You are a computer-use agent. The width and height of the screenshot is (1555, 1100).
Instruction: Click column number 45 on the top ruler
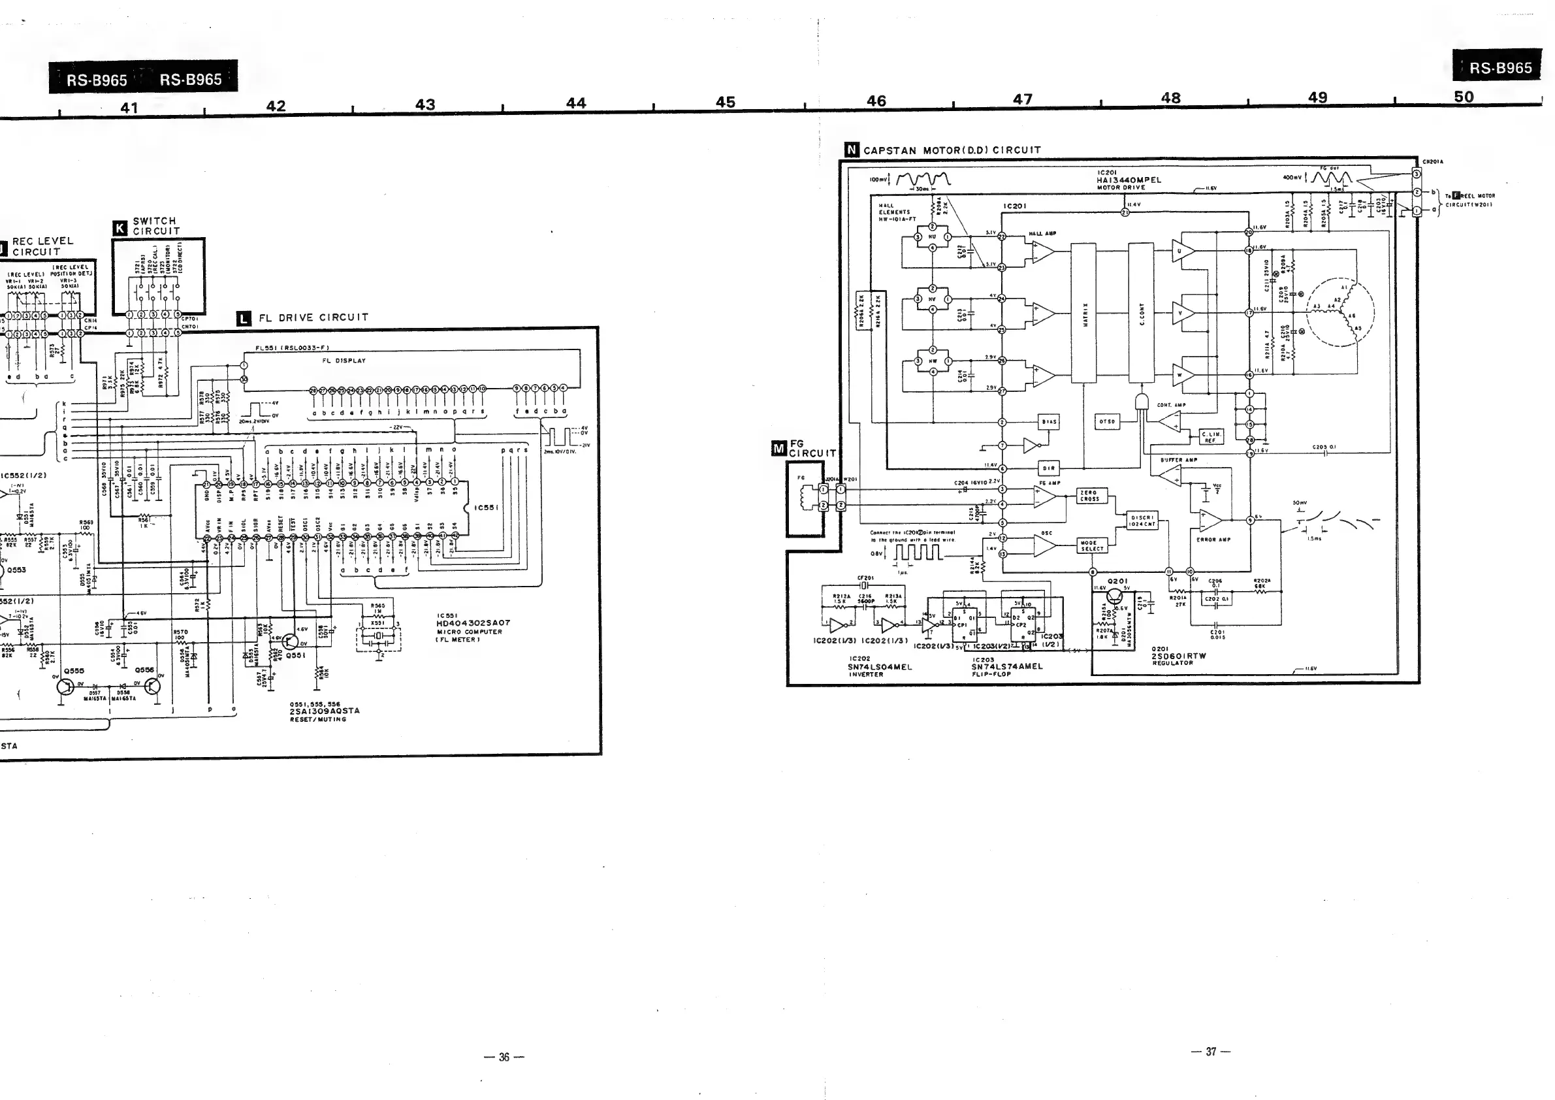(x=726, y=103)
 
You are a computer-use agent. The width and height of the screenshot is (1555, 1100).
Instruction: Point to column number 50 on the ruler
(x=1464, y=97)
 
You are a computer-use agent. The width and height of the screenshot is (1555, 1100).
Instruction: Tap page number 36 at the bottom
(x=504, y=1057)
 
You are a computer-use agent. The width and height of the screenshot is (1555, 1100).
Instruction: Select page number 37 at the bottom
(x=1210, y=1051)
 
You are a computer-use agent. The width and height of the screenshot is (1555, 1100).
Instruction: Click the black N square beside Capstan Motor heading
(x=852, y=150)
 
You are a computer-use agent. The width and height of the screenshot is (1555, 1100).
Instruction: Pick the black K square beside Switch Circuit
(x=121, y=228)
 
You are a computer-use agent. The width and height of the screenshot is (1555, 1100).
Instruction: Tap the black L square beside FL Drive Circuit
(x=244, y=318)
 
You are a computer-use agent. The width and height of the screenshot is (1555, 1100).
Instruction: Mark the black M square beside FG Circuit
(x=779, y=448)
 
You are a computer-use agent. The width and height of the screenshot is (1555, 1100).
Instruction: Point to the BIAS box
(x=1049, y=421)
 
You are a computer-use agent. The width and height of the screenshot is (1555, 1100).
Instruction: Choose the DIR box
(x=1048, y=468)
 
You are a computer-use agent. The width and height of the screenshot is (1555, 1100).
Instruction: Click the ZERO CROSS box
(x=1089, y=496)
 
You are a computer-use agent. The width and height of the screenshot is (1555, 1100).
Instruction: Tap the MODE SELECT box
(x=1092, y=546)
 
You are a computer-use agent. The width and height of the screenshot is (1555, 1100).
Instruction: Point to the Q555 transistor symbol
(x=65, y=686)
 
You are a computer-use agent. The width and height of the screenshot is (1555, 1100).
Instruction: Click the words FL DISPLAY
(x=344, y=361)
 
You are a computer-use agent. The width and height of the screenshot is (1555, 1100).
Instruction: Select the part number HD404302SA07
(x=473, y=623)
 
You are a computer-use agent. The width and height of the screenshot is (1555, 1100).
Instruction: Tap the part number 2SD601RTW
(x=1179, y=656)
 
